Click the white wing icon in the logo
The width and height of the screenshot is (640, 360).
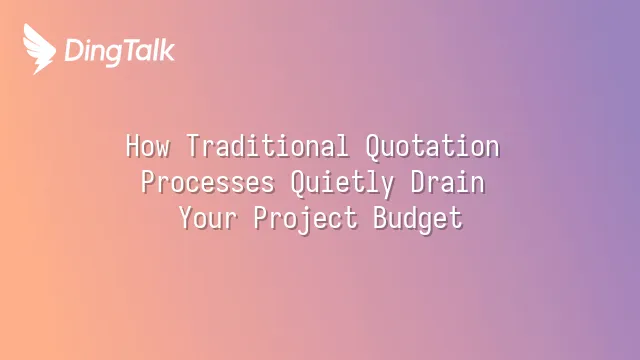click(x=39, y=49)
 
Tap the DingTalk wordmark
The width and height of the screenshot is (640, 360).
click(x=120, y=51)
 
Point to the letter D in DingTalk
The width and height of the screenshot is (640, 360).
click(x=73, y=50)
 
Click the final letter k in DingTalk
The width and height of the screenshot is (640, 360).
click(x=167, y=50)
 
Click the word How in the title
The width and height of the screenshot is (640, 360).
click(x=148, y=146)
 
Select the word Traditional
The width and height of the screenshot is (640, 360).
click(x=268, y=145)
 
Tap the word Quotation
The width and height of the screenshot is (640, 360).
click(x=433, y=146)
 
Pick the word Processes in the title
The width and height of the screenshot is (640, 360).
click(x=208, y=182)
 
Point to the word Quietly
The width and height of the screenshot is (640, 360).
click(x=342, y=183)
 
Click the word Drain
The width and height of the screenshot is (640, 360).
click(x=448, y=182)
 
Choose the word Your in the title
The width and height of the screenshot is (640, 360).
click(x=208, y=218)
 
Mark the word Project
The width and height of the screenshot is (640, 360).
click(x=305, y=219)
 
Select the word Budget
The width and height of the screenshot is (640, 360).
click(x=418, y=219)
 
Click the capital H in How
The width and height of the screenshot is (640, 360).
click(x=133, y=146)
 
